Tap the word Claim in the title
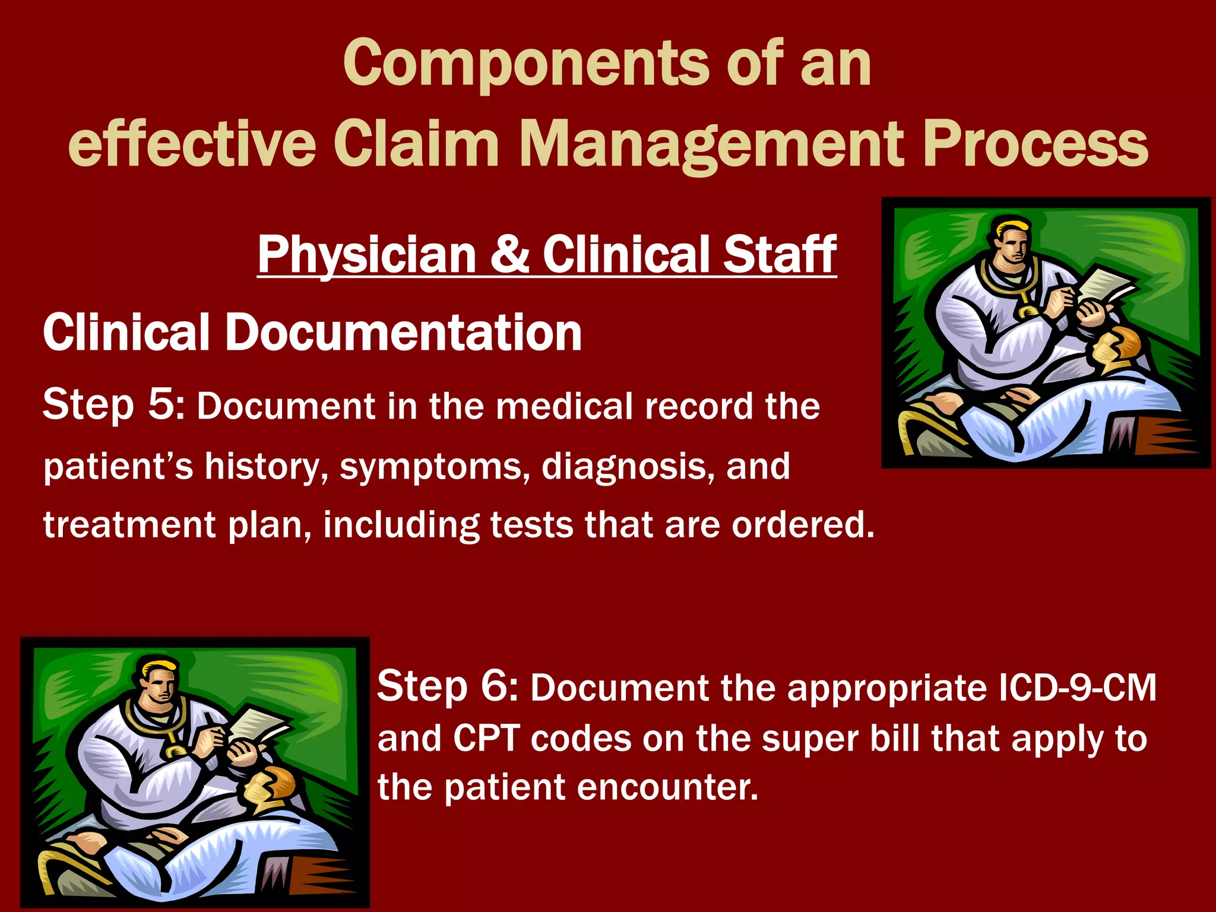coord(416,144)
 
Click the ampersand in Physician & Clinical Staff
coord(509,254)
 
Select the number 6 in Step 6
coord(496,686)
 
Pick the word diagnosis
coord(624,467)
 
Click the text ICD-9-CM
coord(1077,688)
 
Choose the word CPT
coord(486,739)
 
